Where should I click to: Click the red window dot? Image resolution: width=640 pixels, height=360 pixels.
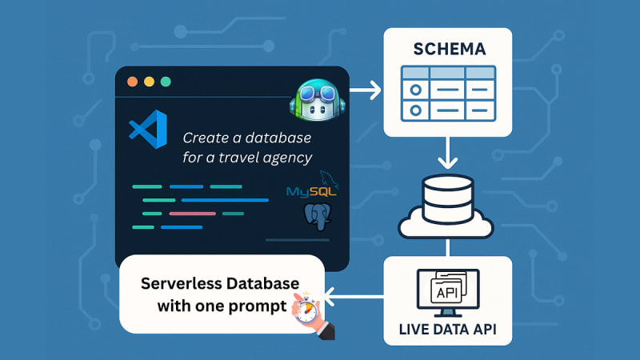(132, 82)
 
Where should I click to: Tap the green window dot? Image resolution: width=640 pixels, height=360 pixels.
(166, 82)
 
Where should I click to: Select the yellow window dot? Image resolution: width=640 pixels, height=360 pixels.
(149, 82)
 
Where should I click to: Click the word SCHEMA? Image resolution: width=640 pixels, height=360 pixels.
(449, 50)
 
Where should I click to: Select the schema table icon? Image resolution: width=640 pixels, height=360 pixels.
(447, 93)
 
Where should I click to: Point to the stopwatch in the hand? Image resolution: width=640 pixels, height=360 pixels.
(306, 308)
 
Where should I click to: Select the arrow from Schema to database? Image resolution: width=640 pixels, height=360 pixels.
(447, 150)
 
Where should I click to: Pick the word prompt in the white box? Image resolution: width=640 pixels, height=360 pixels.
(260, 305)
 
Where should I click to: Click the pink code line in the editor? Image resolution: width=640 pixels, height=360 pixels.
(192, 214)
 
